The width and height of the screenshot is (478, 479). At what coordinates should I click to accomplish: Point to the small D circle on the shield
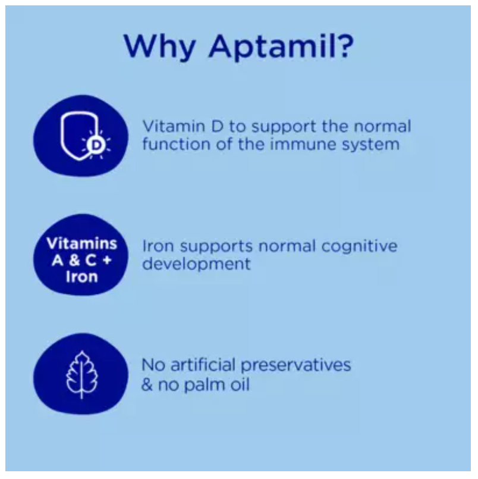pos(95,145)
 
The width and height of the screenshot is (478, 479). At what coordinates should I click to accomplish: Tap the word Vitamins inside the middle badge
pos(81,245)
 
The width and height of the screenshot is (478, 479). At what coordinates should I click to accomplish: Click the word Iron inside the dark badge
pos(81,277)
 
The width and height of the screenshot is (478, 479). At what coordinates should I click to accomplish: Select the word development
pos(196,264)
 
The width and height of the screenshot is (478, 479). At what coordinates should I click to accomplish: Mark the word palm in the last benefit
pos(200,384)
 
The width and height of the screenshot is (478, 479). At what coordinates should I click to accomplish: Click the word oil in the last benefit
pos(238,384)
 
